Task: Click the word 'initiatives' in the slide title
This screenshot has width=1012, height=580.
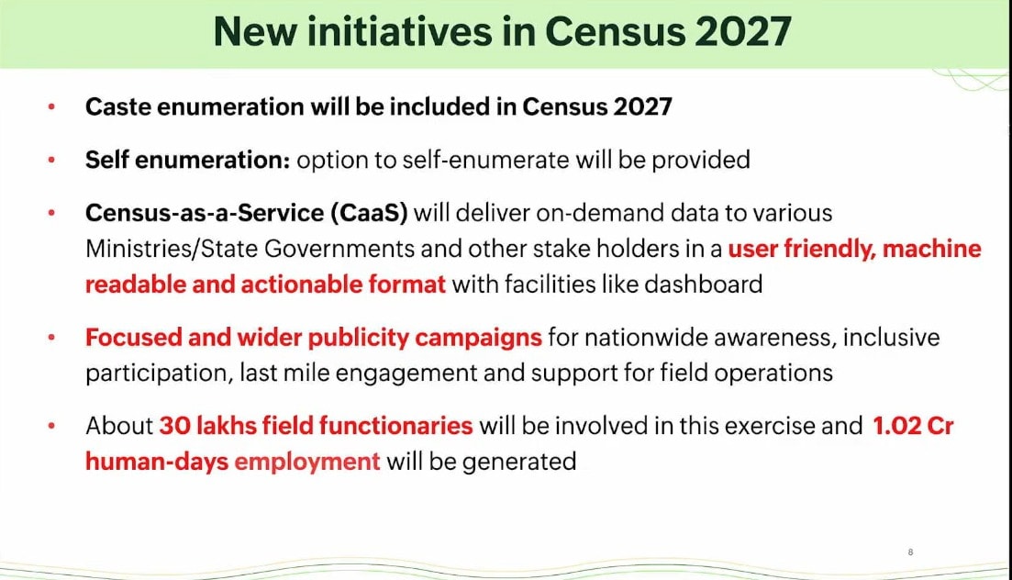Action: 399,31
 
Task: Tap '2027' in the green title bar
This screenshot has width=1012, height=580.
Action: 743,31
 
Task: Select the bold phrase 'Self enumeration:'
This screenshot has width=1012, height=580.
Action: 188,160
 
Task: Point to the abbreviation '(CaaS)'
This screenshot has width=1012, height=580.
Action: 369,213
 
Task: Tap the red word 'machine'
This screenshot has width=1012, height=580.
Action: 931,249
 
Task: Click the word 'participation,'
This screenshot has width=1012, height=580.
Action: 160,374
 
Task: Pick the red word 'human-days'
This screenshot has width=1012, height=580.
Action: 157,462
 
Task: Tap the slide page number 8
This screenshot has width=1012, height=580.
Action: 911,552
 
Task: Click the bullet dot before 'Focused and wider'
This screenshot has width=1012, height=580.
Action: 51,337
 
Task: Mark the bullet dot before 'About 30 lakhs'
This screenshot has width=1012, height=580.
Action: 51,426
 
